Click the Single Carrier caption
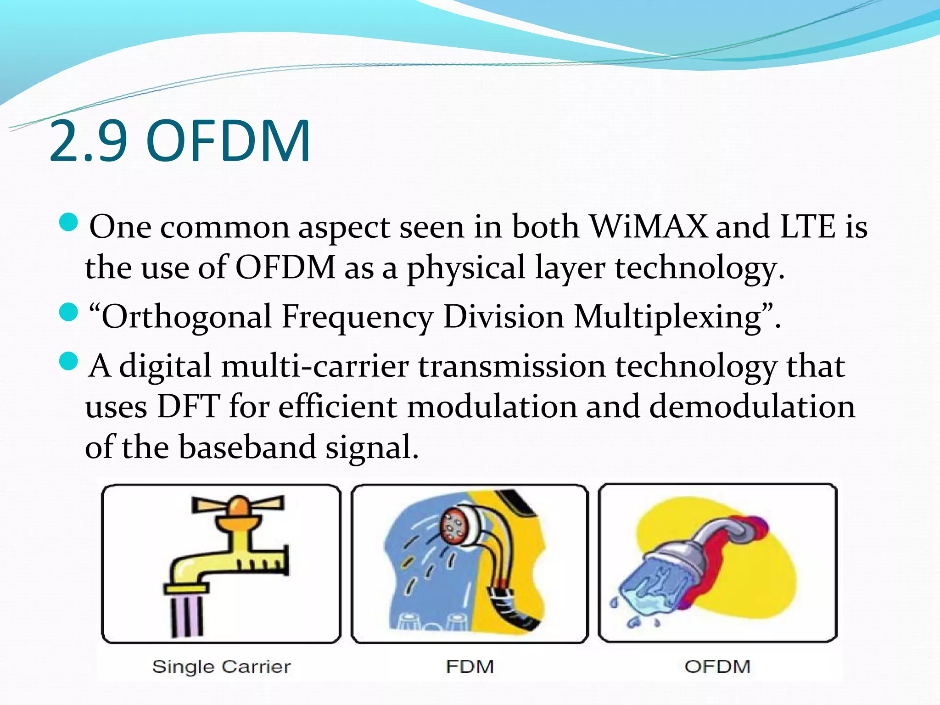(221, 666)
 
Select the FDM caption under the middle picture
(470, 666)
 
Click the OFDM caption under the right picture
(717, 666)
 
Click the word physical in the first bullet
(466, 268)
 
